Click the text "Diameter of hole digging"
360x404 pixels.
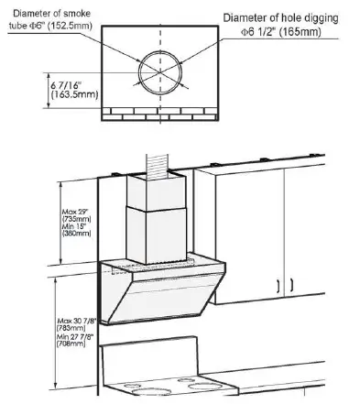point(288,17)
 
